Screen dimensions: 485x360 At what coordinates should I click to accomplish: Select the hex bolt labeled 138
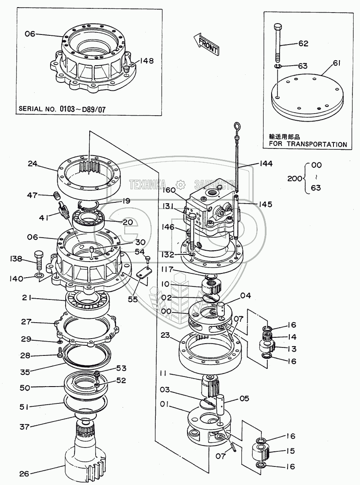38,260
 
